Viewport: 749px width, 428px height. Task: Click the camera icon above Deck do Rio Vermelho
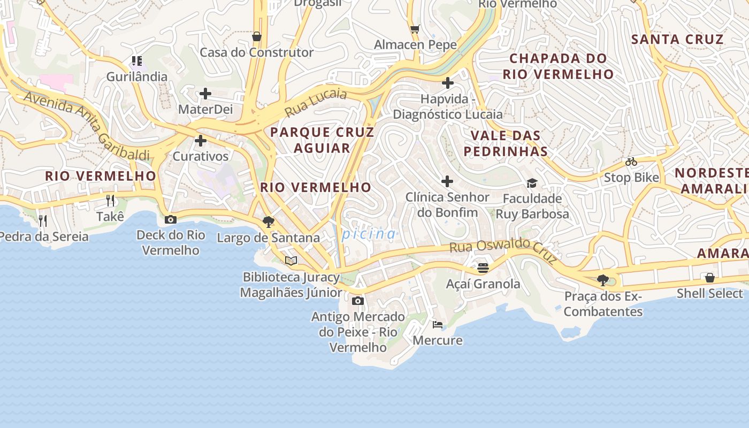pos(171,219)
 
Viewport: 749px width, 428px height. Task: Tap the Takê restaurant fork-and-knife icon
pos(110,201)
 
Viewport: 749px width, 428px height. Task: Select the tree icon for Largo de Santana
pos(269,221)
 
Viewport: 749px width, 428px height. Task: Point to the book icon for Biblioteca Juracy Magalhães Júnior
pos(291,261)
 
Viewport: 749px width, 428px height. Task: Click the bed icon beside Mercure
pos(438,324)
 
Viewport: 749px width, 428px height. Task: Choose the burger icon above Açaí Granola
pos(483,267)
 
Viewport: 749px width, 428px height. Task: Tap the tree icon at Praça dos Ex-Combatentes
pos(603,280)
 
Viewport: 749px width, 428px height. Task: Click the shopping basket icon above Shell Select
pos(710,277)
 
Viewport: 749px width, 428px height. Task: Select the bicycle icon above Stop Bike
pos(631,162)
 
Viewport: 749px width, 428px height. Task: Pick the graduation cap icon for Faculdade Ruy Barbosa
pos(532,184)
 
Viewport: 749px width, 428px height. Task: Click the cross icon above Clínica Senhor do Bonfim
pos(447,181)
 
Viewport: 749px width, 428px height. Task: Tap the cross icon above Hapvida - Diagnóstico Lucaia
pos(448,83)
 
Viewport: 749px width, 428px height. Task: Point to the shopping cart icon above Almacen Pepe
pos(415,29)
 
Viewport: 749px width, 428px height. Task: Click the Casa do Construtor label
pos(256,52)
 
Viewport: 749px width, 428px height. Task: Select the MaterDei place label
pos(205,109)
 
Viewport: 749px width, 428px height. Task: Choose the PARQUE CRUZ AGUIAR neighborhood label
pos(322,140)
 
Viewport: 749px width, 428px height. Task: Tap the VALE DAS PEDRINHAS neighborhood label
pos(506,143)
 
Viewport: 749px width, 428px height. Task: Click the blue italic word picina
pos(369,234)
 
